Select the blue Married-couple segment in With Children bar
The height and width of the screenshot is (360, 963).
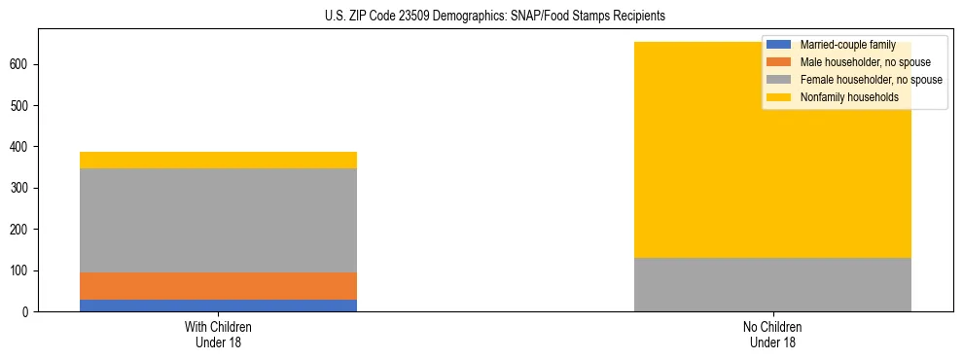point(218,306)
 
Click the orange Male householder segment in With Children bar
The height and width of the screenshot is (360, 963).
point(218,286)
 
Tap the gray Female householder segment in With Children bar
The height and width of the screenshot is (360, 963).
point(218,220)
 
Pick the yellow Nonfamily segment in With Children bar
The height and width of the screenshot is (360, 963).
point(218,160)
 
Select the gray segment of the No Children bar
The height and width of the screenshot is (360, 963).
point(772,284)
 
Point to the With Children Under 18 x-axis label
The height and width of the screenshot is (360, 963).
point(218,334)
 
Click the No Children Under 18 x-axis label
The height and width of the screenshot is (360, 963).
point(772,334)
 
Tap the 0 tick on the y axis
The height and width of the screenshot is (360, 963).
point(26,311)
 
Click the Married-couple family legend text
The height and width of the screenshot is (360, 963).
point(847,45)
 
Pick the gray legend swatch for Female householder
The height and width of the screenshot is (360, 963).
point(779,80)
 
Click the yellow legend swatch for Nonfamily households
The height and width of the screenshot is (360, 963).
point(779,97)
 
